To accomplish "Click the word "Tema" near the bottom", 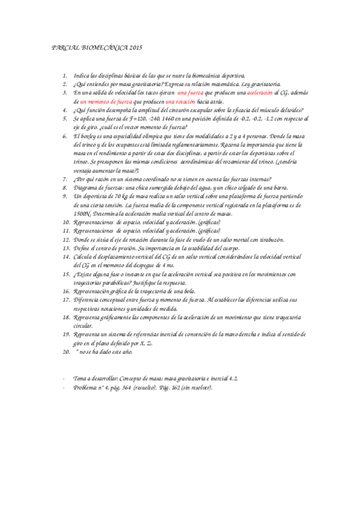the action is coord(80,378).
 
